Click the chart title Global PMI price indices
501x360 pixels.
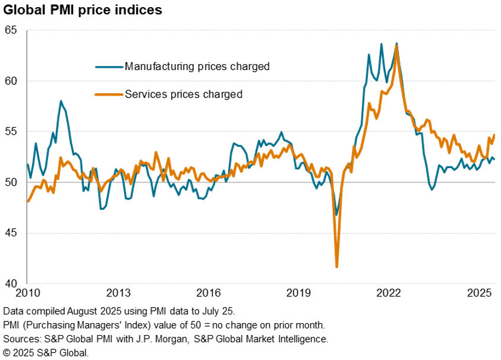(x=83, y=10)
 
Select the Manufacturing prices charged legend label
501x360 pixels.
(x=197, y=67)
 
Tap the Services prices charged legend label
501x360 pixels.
(x=183, y=94)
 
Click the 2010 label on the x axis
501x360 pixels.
(x=27, y=293)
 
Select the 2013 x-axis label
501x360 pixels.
(x=118, y=293)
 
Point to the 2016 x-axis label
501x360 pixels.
(x=209, y=293)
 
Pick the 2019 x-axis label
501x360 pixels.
(x=299, y=293)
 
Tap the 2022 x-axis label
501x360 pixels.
(x=390, y=293)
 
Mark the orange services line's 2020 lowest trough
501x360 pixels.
(x=337, y=267)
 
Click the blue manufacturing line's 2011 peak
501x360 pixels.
(x=61, y=102)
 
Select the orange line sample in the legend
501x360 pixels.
(x=109, y=94)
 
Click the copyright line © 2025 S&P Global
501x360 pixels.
(x=46, y=352)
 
